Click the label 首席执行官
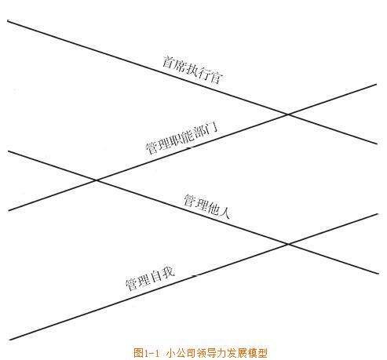pos(192,70)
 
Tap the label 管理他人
pos(206,206)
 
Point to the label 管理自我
pos(150,279)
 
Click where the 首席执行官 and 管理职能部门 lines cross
pos(288,115)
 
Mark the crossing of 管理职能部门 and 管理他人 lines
pos(97,180)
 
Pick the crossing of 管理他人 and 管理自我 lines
pos(288,244)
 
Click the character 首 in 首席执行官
pos(169,62)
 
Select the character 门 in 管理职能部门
pos(211,129)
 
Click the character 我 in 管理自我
pos(168,273)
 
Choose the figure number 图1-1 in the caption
pos(146,353)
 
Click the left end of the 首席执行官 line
pos(8,20)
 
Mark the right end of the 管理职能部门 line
pos(377,84)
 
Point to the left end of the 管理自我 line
pos(9,340)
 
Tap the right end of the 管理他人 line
pos(378,274)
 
